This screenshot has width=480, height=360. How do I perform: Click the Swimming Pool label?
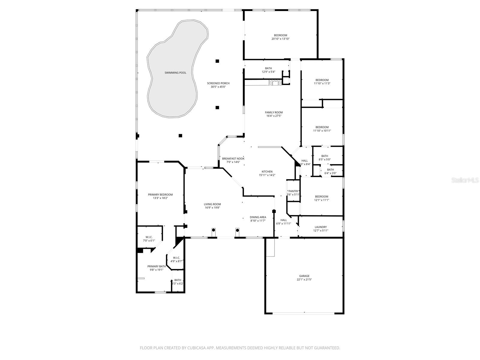coord(175,73)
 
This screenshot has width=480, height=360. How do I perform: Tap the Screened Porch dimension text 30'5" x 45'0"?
coord(218,87)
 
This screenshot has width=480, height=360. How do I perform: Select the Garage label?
coord(304,276)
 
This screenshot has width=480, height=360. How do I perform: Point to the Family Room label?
coord(274,112)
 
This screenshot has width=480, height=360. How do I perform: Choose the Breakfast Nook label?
coord(233,159)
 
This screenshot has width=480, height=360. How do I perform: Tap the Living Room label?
coord(212,204)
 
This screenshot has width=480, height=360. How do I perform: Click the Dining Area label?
coord(258,217)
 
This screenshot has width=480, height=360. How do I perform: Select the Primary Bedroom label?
coord(160,195)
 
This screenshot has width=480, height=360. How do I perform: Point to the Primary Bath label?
coord(157,266)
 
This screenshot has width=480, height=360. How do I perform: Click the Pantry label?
coord(293,191)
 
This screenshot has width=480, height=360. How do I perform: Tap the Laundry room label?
coord(321,227)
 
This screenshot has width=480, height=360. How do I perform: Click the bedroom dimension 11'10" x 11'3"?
coord(322,83)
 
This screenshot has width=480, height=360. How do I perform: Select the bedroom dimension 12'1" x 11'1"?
coord(322,200)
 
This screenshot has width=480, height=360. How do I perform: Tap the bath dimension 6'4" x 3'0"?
coord(330,173)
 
